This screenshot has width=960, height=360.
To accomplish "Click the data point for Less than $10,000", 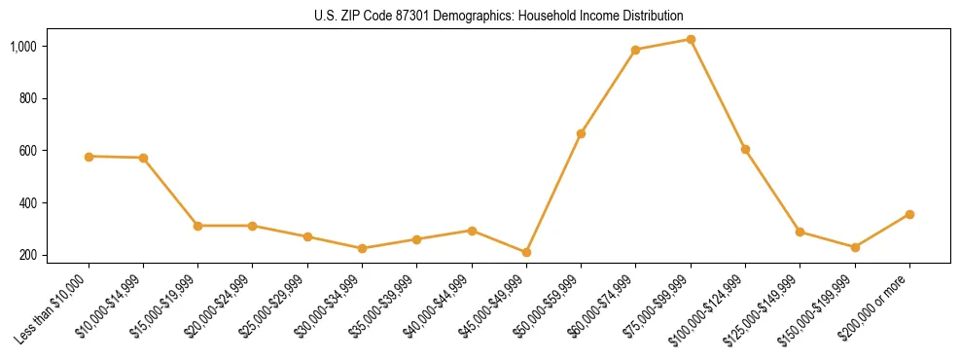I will [x=89, y=157].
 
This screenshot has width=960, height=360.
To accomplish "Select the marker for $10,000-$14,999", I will [x=143, y=158].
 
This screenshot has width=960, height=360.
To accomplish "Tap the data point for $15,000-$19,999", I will [x=197, y=226].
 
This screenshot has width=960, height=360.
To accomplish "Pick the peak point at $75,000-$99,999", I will [x=691, y=40].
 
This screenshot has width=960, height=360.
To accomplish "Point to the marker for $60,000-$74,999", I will [x=635, y=50].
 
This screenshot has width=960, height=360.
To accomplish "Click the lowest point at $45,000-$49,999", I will [x=526, y=253].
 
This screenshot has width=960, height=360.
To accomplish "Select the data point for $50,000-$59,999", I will [x=581, y=133].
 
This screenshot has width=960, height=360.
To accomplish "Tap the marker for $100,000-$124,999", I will [x=745, y=150].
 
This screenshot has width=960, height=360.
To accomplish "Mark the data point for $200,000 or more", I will [x=909, y=214].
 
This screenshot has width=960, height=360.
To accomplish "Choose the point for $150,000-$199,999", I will [x=855, y=247].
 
